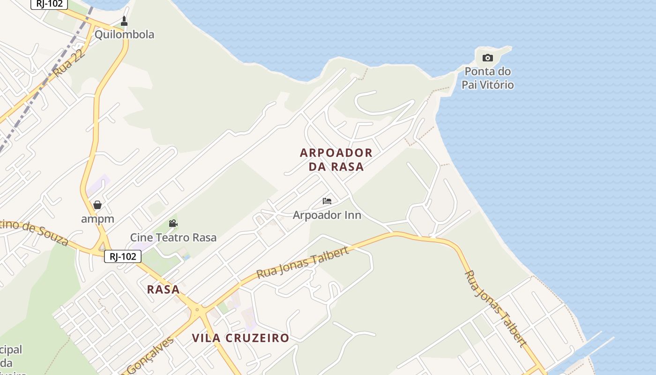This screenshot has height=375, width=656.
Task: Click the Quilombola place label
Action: [124, 35]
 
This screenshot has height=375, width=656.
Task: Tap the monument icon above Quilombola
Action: [124, 21]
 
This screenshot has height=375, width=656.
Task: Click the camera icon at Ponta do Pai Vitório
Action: [488, 58]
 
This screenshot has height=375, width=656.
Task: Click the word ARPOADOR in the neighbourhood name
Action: [336, 153]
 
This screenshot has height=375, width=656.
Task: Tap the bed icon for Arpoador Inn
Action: [327, 201]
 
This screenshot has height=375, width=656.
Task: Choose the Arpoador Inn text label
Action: [327, 215]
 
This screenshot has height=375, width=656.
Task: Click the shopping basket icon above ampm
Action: [97, 205]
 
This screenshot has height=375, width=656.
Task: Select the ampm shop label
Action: [97, 219]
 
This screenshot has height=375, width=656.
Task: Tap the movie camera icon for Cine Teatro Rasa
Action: [173, 223]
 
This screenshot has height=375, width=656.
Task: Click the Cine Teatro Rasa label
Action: [173, 238]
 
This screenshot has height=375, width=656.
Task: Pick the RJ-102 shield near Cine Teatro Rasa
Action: [122, 256]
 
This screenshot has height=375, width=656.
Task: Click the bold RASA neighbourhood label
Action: [164, 289]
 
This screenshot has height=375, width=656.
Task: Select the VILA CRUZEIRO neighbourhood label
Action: [240, 338]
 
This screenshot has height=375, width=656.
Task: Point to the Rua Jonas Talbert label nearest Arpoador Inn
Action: [303, 262]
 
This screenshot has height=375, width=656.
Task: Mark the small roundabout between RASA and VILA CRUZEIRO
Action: [197, 309]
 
